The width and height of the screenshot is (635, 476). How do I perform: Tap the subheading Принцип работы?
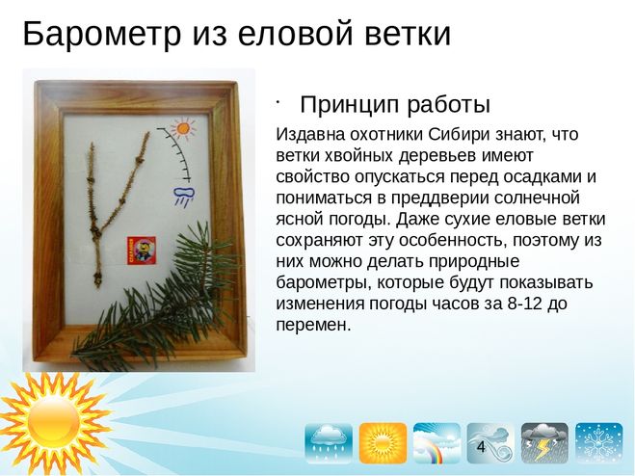(395, 104)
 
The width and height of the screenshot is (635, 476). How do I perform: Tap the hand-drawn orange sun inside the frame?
(182, 127)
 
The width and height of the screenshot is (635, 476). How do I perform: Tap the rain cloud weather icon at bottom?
(329, 444)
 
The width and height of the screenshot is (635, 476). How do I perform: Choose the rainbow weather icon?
(437, 444)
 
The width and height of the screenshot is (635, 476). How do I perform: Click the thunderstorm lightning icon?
(545, 444)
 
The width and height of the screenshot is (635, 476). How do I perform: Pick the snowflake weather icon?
(599, 444)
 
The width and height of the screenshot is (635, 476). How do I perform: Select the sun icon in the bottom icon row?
(384, 444)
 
